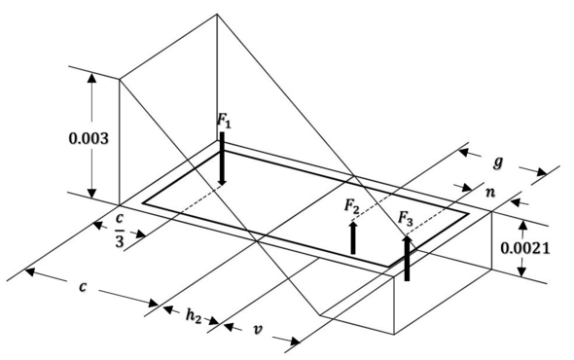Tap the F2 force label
(352, 207)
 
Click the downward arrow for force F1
(223, 161)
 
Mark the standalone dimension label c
(85, 288)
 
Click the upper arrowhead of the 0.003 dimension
(92, 80)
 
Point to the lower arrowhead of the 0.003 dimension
(92, 191)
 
